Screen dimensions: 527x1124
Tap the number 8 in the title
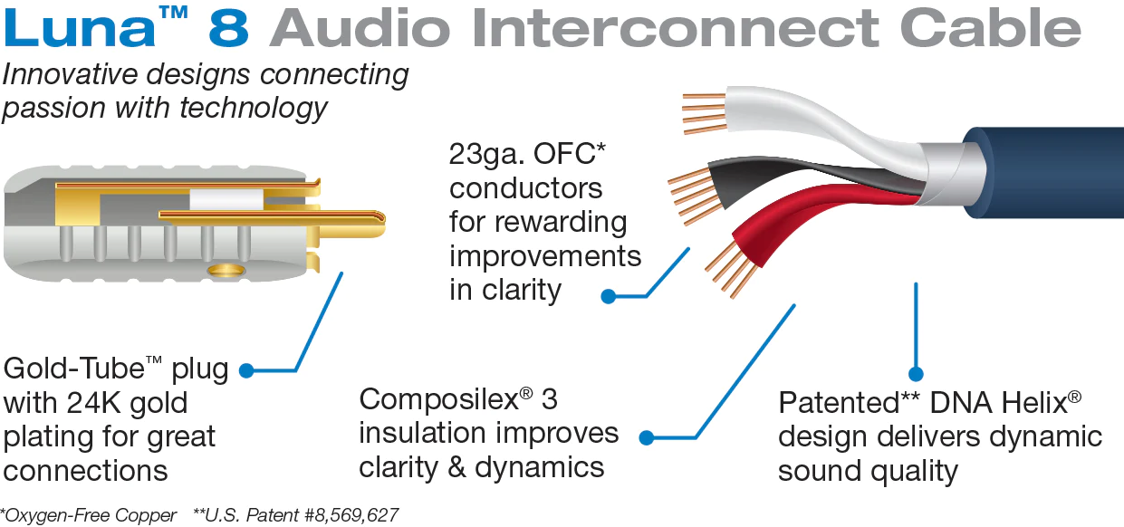click(x=231, y=29)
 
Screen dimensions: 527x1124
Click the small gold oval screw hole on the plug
click(x=223, y=270)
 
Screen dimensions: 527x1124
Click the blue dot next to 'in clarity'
click(x=609, y=295)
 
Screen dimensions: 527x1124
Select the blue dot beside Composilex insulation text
click(x=647, y=437)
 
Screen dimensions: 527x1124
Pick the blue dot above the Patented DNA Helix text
click(x=916, y=373)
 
